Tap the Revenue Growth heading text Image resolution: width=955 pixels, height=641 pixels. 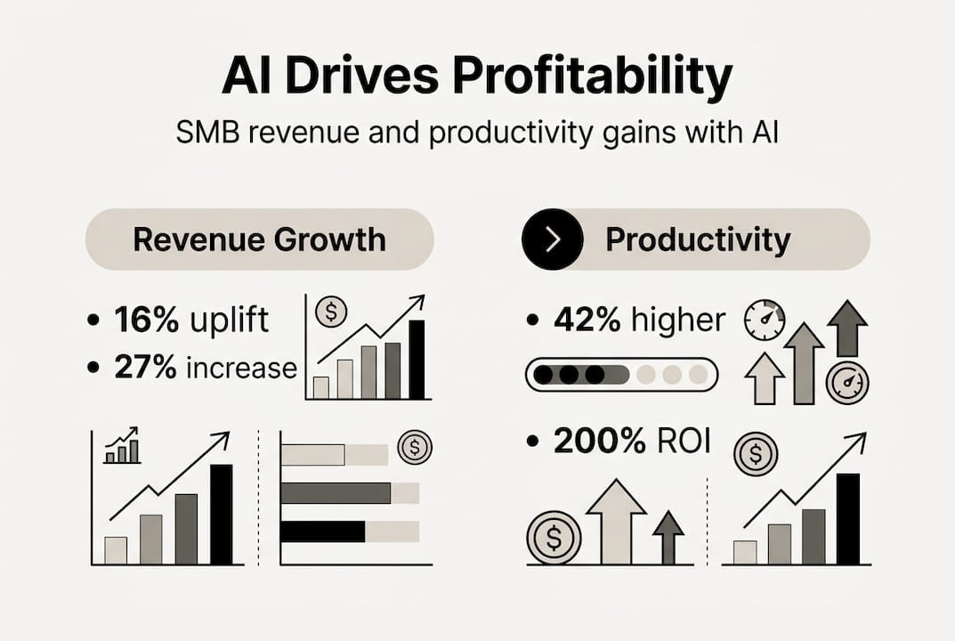pyautogui.click(x=260, y=239)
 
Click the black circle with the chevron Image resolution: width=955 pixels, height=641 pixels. pyautogui.click(x=553, y=239)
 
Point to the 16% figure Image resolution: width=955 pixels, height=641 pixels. pyautogui.click(x=146, y=320)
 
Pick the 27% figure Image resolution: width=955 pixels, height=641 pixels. pyautogui.click(x=146, y=368)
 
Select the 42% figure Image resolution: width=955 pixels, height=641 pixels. pyautogui.click(x=587, y=320)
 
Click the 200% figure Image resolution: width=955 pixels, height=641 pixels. pyautogui.click(x=599, y=441)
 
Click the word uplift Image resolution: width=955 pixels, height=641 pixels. pyautogui.click(x=229, y=320)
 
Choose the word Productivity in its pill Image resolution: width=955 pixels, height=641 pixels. pyautogui.click(x=698, y=239)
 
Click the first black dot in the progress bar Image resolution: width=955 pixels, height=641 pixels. pyautogui.click(x=543, y=374)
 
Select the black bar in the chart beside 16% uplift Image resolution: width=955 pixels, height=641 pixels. pyautogui.click(x=417, y=360)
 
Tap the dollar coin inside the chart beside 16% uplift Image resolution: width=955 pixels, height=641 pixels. pyautogui.click(x=331, y=312)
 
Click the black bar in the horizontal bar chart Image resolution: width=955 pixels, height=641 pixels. pyautogui.click(x=323, y=531)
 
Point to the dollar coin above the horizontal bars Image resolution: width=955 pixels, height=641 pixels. pyautogui.click(x=415, y=448)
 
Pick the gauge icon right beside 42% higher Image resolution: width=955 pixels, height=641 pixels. pyautogui.click(x=765, y=320)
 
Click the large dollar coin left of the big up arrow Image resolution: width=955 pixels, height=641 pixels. pyautogui.click(x=554, y=538)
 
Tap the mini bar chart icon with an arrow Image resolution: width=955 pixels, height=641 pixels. pyautogui.click(x=122, y=445)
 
